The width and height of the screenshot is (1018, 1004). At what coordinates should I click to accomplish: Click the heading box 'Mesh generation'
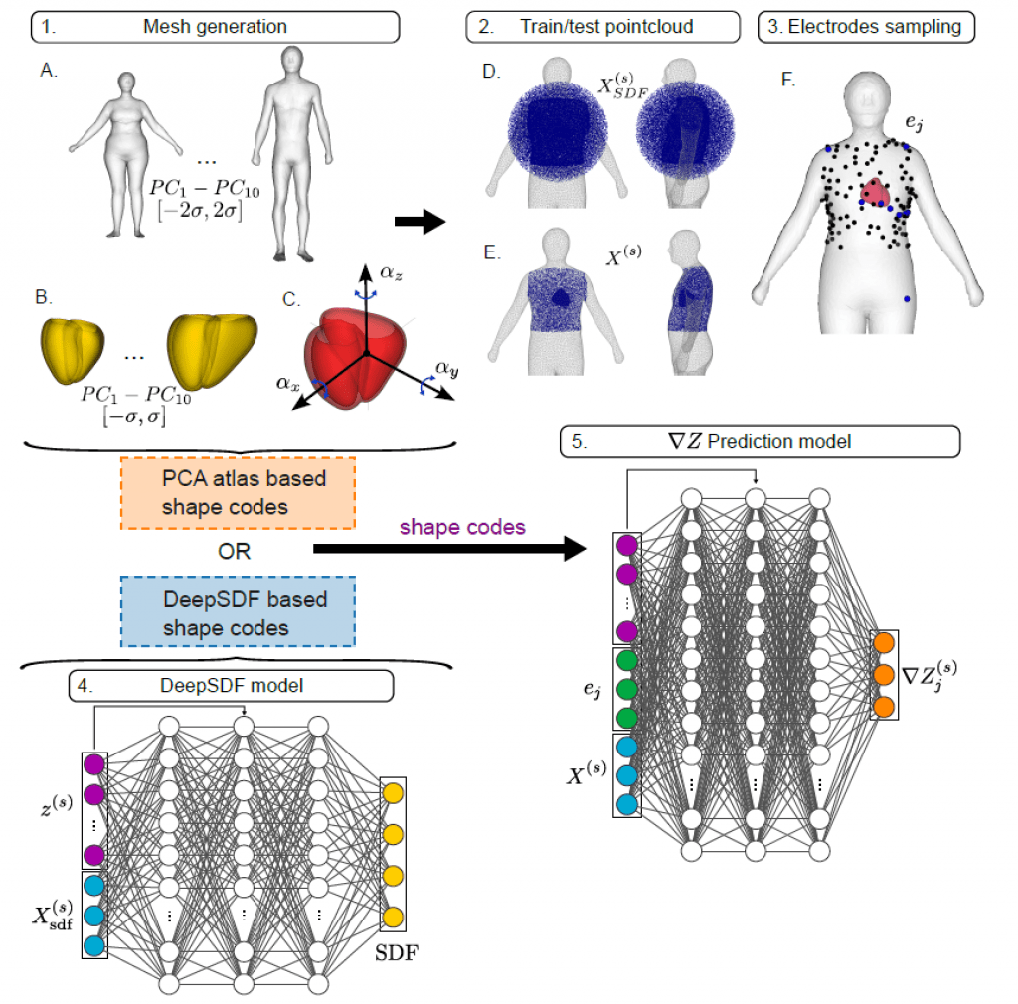(x=215, y=27)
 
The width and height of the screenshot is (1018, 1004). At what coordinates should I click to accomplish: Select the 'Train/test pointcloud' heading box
(x=603, y=27)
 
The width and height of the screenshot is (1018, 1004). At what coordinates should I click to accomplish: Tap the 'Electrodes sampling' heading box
(x=866, y=27)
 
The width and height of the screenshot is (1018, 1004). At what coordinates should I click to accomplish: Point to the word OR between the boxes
(x=231, y=553)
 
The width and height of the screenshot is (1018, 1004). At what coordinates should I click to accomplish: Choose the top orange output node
(x=885, y=645)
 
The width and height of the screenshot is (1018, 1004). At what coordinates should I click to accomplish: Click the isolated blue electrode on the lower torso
(x=906, y=297)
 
